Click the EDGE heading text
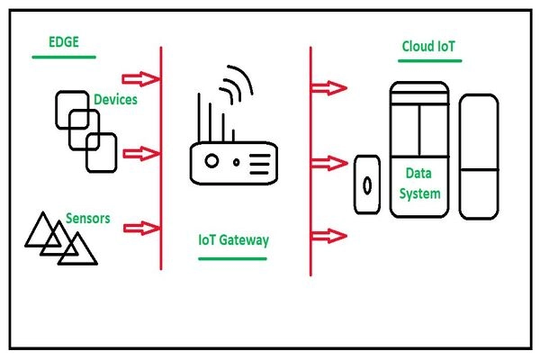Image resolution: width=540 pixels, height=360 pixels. coord(64,42)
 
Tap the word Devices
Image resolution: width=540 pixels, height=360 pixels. coord(115,100)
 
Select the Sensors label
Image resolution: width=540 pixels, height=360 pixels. coord(87,218)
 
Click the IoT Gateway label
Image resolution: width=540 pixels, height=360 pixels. coord(233,241)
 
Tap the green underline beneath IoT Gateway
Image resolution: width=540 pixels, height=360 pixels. coord(233,257)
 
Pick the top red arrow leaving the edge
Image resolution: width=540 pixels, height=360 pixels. coord(142,79)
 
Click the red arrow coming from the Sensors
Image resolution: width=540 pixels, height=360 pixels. coord(142,227)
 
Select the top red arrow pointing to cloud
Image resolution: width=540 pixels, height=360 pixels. coord(329,87)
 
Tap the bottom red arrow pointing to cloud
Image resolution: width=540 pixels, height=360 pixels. coord(329,236)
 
